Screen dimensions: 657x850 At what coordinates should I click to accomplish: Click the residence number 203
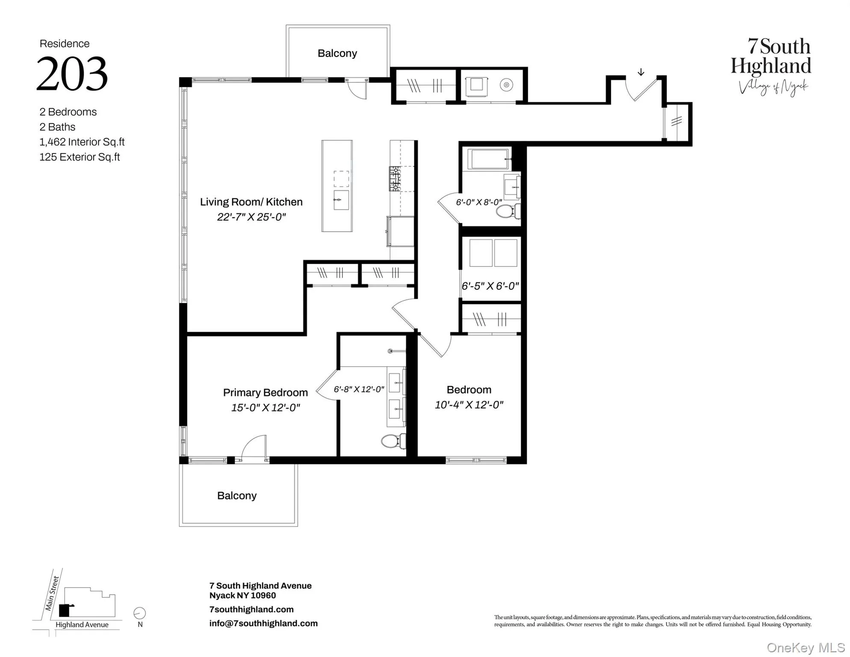pos(72,74)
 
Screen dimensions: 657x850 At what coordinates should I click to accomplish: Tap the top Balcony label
pos(337,53)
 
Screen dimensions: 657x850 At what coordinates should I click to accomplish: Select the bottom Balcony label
pos(236,496)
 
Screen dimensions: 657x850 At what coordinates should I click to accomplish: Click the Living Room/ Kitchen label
pos(251,202)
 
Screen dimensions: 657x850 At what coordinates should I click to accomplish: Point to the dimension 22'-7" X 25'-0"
pos(251,217)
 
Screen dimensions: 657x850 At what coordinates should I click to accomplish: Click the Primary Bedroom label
pos(265,393)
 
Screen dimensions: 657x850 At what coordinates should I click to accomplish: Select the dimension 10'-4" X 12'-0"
pos(469,405)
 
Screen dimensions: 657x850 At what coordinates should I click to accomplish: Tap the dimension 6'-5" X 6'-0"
pos(490,286)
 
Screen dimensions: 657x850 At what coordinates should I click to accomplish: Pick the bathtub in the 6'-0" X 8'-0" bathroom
pos(488,159)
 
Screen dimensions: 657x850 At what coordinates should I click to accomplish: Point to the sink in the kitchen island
pos(341,200)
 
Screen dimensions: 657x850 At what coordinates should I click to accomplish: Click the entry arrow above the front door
pos(640,72)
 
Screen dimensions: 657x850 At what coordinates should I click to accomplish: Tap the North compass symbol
pos(139,613)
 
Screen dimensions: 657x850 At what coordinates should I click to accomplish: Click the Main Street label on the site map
pos(52,594)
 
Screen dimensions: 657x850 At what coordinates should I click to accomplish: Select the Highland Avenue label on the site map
pos(82,625)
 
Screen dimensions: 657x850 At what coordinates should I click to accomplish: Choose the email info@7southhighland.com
pos(263,624)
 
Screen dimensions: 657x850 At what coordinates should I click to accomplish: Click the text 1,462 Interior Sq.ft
pos(82,142)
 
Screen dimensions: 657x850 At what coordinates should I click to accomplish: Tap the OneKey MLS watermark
pos(805,648)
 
